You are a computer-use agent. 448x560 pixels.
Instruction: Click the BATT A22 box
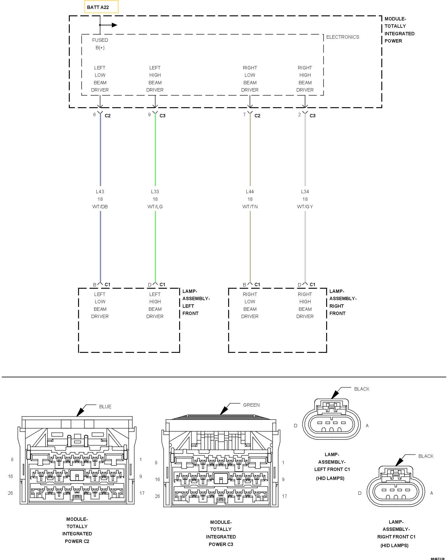pyautogui.click(x=101, y=7)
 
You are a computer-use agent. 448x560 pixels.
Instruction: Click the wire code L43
pyautogui.click(x=100, y=192)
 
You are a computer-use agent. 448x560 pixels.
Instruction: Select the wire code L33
pyautogui.click(x=155, y=192)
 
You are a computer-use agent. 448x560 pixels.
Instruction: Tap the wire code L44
pyautogui.click(x=250, y=192)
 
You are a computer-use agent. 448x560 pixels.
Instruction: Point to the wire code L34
pyautogui.click(x=305, y=192)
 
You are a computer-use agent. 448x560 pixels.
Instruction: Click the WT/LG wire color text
pyautogui.click(x=155, y=207)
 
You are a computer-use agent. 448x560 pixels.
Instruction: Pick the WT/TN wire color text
pyautogui.click(x=250, y=207)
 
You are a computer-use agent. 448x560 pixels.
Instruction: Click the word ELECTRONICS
pyautogui.click(x=342, y=37)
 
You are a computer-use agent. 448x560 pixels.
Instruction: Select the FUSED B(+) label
pyautogui.click(x=100, y=44)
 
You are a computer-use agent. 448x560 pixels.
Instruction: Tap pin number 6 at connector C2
pyautogui.click(x=94, y=115)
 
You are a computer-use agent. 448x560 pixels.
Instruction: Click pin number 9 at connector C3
pyautogui.click(x=149, y=115)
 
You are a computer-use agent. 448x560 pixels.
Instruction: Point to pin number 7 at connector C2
pyautogui.click(x=244, y=115)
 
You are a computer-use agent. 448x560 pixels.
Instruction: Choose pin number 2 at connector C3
pyautogui.click(x=299, y=115)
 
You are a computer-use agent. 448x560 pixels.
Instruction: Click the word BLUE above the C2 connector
pyautogui.click(x=105, y=407)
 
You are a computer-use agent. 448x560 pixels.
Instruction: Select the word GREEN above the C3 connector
pyautogui.click(x=251, y=405)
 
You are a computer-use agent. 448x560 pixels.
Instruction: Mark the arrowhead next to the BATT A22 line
pyautogui.click(x=114, y=25)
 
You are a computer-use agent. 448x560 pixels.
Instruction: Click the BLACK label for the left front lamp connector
pyautogui.click(x=361, y=389)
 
